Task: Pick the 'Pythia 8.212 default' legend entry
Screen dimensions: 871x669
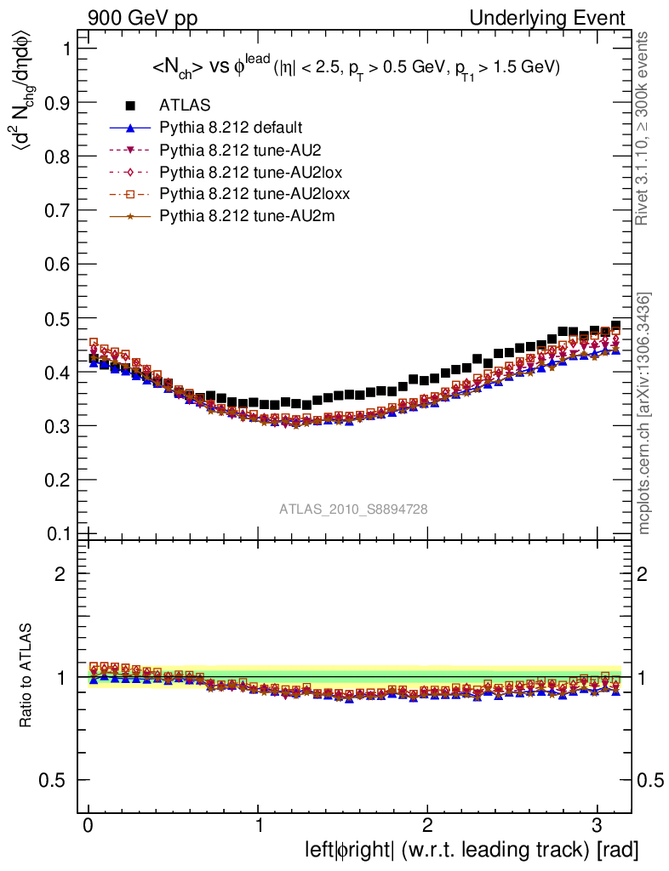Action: (x=230, y=128)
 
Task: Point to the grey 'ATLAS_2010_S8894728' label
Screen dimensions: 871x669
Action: (x=353, y=510)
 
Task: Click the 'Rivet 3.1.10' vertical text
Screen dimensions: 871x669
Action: (x=643, y=128)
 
